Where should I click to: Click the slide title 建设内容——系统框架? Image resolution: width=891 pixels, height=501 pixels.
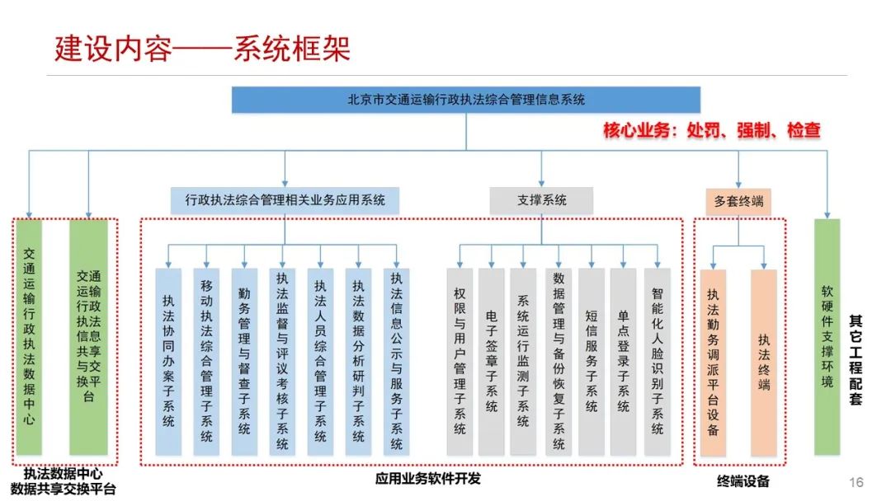(x=202, y=49)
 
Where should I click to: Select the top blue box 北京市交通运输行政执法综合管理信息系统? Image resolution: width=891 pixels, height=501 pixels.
(x=466, y=100)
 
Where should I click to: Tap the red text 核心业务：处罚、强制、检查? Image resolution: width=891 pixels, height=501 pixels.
(x=711, y=130)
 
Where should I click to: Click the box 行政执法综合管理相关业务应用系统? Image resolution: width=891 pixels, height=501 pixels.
(x=285, y=200)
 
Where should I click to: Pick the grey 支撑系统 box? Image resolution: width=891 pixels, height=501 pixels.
(x=541, y=200)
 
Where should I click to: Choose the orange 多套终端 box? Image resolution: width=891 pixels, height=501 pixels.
(x=738, y=200)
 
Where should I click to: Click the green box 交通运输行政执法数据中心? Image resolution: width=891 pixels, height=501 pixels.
(x=29, y=336)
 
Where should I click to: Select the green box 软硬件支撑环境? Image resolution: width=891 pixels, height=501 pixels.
(x=827, y=336)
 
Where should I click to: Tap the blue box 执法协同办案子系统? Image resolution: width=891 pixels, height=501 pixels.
(x=168, y=361)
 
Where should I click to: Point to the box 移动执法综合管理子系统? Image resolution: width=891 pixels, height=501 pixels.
(x=206, y=361)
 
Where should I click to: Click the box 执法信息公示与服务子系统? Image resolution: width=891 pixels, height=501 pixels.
(x=397, y=361)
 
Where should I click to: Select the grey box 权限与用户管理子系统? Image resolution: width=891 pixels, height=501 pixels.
(x=460, y=361)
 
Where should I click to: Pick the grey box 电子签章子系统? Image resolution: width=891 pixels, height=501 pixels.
(x=492, y=361)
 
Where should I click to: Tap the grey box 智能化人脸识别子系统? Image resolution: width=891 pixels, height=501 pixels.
(x=657, y=361)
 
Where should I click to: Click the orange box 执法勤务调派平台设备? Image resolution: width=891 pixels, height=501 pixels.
(x=713, y=361)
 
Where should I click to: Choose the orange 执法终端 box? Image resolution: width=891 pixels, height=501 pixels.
(x=764, y=361)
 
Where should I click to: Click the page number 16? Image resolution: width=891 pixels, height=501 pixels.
(x=856, y=482)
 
